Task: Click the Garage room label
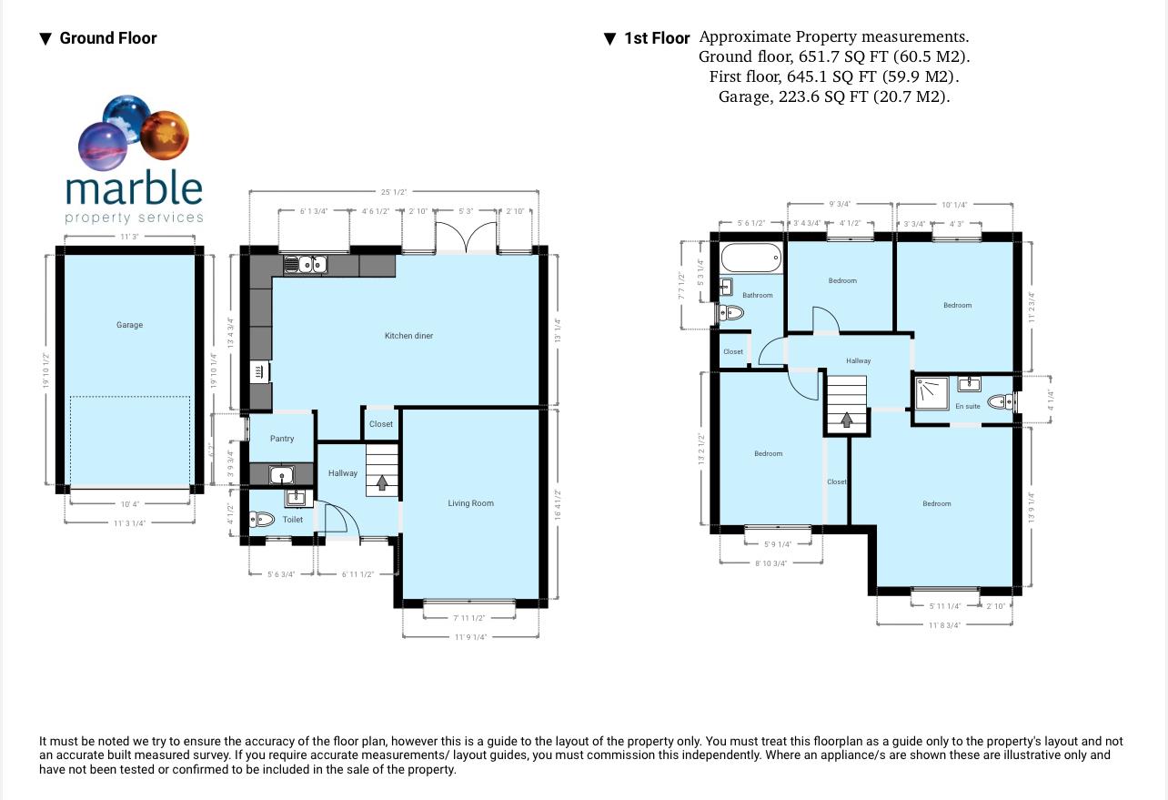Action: (x=129, y=325)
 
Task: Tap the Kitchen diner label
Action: (x=408, y=336)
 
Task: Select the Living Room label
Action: (x=470, y=503)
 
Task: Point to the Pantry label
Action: (x=282, y=439)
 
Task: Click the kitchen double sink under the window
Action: (x=306, y=265)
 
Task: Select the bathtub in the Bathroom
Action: (x=750, y=258)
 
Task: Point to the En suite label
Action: (x=967, y=407)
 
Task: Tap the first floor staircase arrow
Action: (x=847, y=420)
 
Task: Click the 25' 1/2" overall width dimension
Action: (x=393, y=192)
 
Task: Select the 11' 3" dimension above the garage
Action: (x=128, y=237)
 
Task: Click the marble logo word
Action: (x=134, y=189)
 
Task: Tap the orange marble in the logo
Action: (x=164, y=132)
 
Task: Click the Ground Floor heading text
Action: (x=108, y=38)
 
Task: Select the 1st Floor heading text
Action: (x=657, y=38)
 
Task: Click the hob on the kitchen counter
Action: (x=259, y=371)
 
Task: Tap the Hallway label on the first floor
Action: (x=858, y=361)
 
